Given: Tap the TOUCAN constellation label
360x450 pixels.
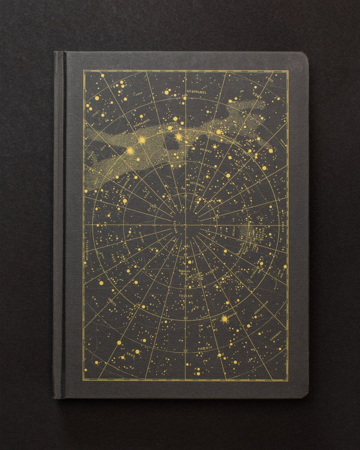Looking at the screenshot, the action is tap(185, 292).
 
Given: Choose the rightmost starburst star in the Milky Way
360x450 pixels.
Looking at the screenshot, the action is tap(179, 137).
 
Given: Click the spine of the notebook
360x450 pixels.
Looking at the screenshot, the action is tap(60, 225).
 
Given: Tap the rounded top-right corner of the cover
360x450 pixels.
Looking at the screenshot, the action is tap(304, 56).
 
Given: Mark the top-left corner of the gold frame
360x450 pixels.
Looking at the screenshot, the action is tap(84, 71).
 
